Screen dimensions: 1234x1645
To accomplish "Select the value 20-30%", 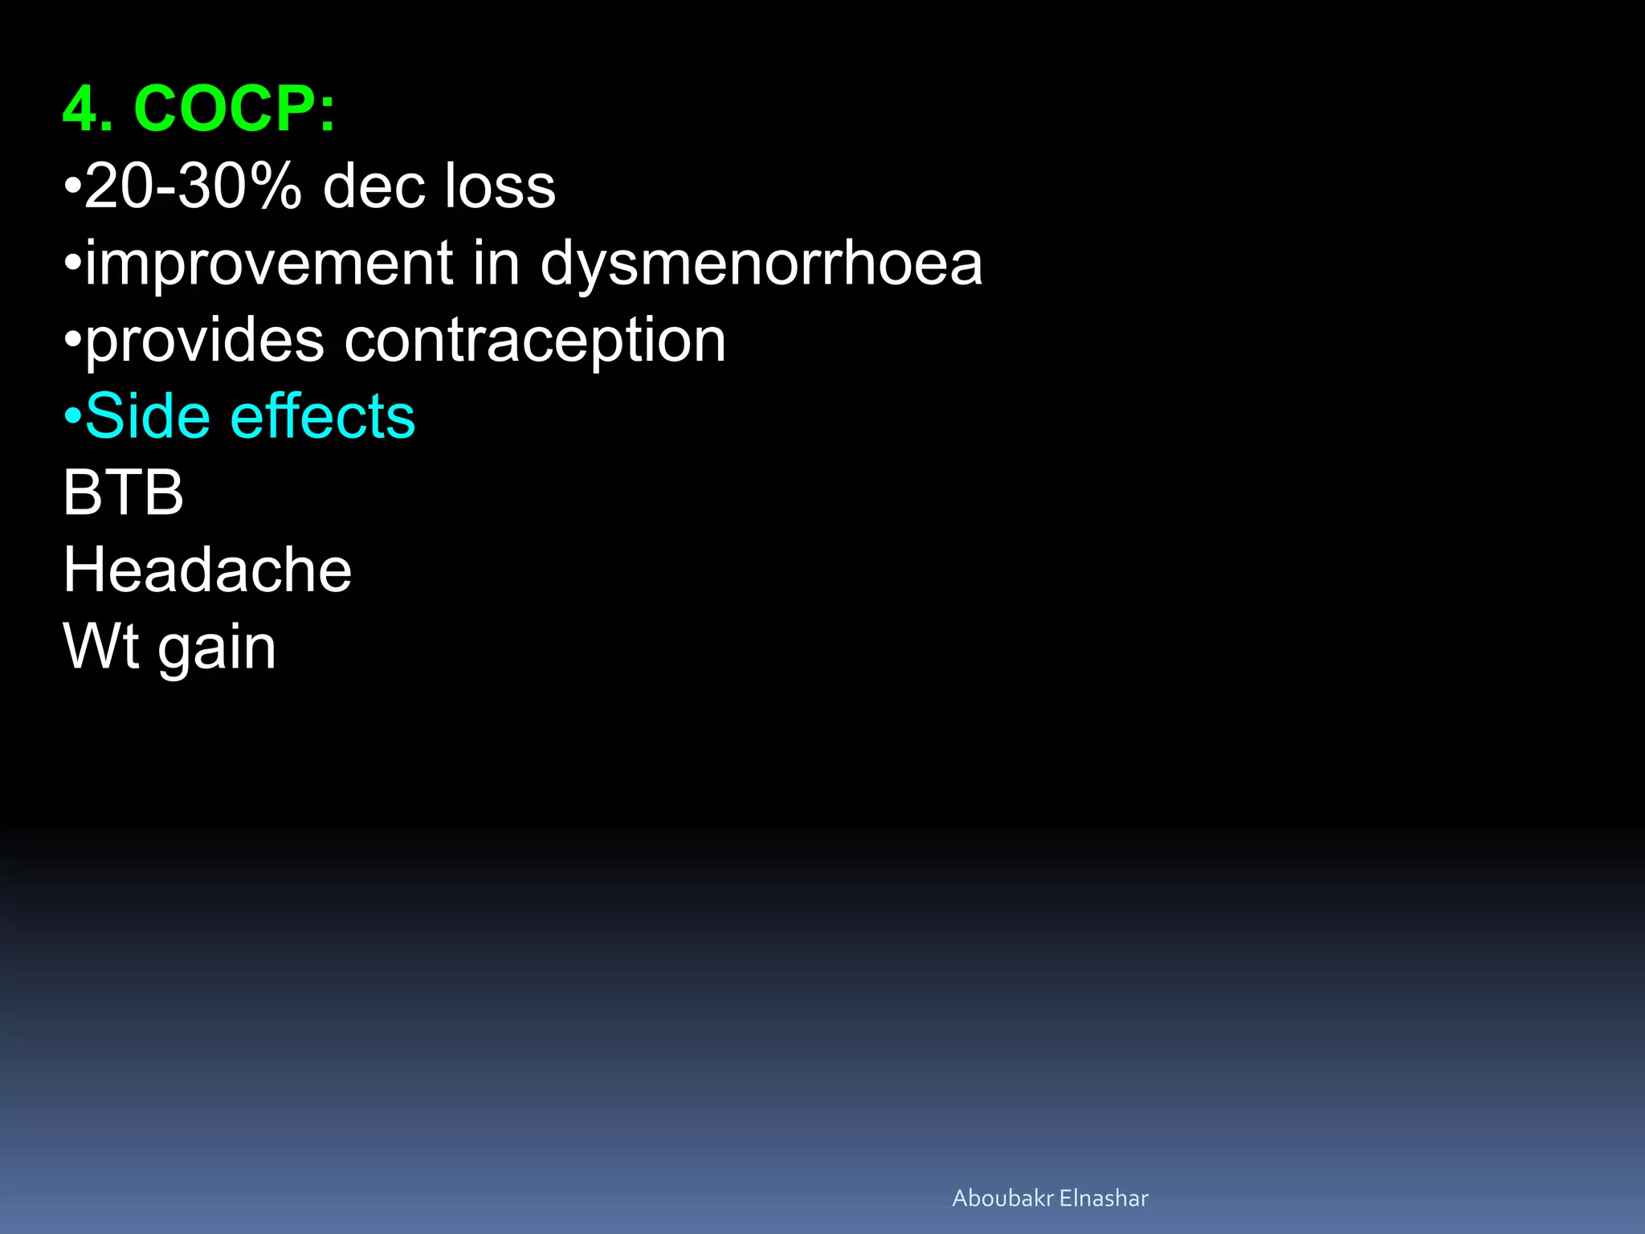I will click(x=193, y=186).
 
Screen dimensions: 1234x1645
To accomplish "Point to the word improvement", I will click(x=269, y=264).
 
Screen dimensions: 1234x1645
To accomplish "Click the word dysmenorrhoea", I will click(x=761, y=264).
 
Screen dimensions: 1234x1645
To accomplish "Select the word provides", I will click(x=205, y=341).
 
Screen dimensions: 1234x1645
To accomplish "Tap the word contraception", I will click(x=535, y=341).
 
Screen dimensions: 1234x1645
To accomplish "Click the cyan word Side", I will click(x=148, y=416).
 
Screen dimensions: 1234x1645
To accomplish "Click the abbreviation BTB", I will click(x=123, y=492).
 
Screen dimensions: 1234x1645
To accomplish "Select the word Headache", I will click(x=207, y=570).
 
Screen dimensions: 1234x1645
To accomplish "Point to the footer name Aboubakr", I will click(x=1002, y=1198).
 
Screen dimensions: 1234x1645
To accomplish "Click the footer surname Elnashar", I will click(x=1104, y=1198).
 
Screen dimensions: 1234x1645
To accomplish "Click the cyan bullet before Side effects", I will click(x=72, y=416).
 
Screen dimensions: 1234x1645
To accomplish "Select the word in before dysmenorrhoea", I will click(x=496, y=264).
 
